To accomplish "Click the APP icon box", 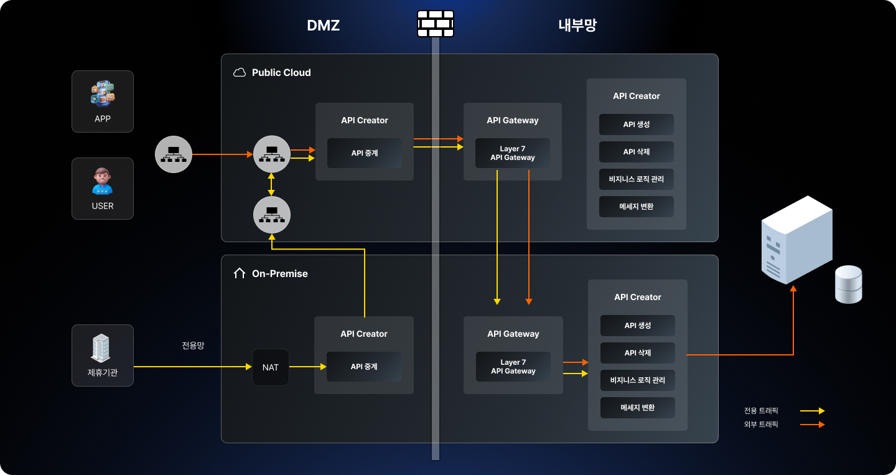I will click(x=103, y=101).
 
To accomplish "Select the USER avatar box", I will click(x=103, y=189).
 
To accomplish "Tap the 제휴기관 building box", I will click(x=103, y=355).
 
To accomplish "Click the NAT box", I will click(x=271, y=367).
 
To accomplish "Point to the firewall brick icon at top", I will click(x=435, y=24).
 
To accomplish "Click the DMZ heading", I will click(x=323, y=26).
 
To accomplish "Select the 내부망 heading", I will click(x=577, y=26).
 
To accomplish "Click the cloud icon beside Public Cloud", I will click(x=240, y=73).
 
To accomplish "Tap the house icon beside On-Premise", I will click(x=240, y=273).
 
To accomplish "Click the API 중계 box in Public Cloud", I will click(x=365, y=153).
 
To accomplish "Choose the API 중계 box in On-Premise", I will click(x=364, y=367).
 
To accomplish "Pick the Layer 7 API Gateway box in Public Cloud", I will click(x=513, y=153).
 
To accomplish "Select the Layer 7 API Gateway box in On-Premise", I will click(x=513, y=367).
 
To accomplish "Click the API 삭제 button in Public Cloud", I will click(x=637, y=152).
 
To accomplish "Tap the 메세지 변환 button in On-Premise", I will click(x=638, y=408).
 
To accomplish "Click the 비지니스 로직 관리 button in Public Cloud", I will click(x=637, y=179).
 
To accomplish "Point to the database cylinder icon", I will click(x=849, y=285).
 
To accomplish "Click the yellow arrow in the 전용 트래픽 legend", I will click(x=812, y=411).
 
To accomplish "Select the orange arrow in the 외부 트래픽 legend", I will click(x=812, y=425).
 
